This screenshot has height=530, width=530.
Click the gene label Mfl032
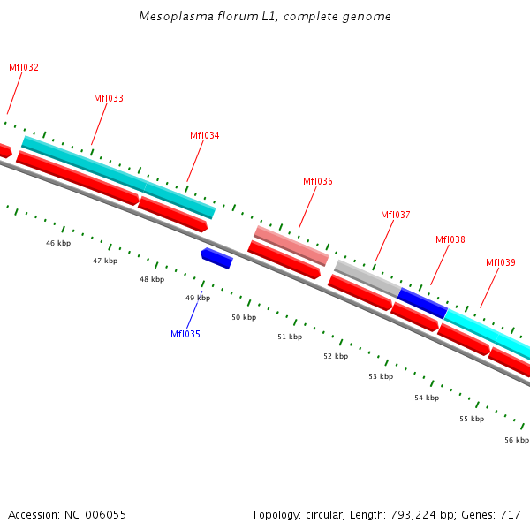coord(24,67)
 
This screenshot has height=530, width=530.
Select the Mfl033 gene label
coord(109,98)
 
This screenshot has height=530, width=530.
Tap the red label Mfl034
coord(205,135)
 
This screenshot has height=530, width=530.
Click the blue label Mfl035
coord(185,334)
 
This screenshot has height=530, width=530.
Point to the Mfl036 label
coord(318,181)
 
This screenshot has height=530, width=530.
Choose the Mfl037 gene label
coord(396,215)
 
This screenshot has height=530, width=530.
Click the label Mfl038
coord(450,239)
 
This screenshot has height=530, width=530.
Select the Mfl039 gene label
coord(501,262)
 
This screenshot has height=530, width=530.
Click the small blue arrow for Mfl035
coord(216,258)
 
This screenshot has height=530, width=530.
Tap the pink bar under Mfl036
coord(291,245)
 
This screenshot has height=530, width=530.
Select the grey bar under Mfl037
coord(367,277)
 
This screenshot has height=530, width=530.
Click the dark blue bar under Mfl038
coord(422,302)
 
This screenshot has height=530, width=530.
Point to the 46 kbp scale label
coord(58,243)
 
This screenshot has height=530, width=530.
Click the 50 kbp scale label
coord(244,317)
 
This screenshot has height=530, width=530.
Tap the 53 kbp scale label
coord(381,376)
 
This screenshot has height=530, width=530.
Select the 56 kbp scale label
coord(517,440)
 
